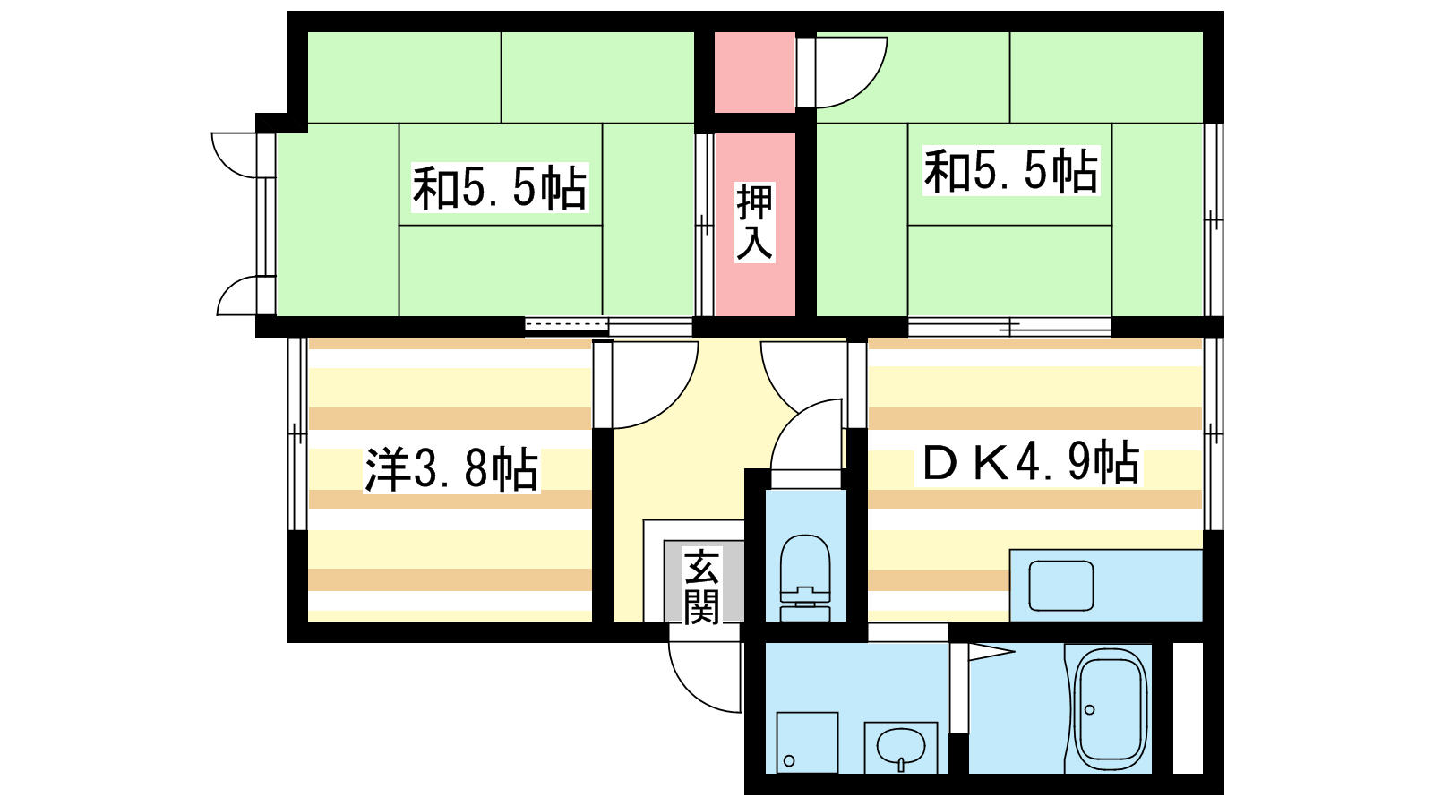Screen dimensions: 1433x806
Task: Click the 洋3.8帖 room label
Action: [451, 470]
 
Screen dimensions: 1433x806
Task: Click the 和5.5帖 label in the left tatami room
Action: [500, 188]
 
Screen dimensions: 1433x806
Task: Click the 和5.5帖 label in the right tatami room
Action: [1011, 170]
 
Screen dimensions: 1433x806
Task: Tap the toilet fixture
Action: [805, 578]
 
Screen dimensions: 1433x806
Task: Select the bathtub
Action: [1108, 709]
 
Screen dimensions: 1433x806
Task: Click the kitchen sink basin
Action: [1060, 586]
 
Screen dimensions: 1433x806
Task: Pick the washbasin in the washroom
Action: [901, 748]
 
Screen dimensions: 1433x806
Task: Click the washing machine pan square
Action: [807, 742]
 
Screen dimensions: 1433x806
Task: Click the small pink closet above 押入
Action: [755, 73]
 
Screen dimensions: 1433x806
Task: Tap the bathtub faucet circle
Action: [1089, 709]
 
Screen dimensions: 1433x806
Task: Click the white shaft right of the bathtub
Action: [1188, 708]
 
